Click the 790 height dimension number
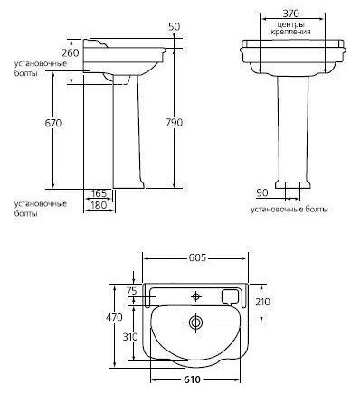[x=175, y=123]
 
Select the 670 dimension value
[x=53, y=123]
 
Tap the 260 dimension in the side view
[x=71, y=53]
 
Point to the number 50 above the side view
[x=175, y=26]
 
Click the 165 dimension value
[x=99, y=193]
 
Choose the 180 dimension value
[x=99, y=205]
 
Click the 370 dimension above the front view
[x=291, y=14]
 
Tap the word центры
[x=290, y=24]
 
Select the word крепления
[x=290, y=32]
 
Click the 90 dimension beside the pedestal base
[x=262, y=193]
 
